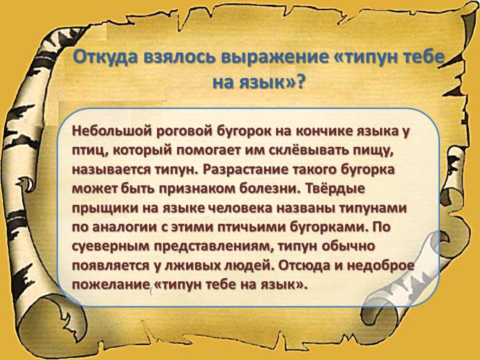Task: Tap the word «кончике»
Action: point(324,131)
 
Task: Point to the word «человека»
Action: point(240,208)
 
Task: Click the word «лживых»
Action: point(189,265)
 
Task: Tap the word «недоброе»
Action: point(380,265)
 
